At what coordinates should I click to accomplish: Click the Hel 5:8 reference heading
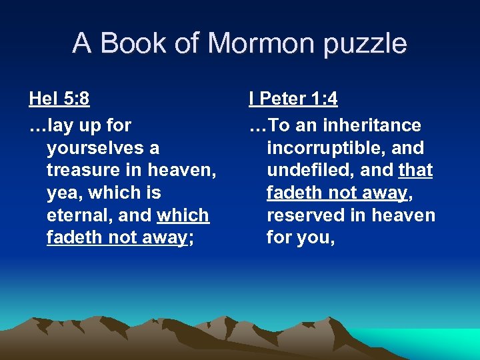pyautogui.click(x=59, y=99)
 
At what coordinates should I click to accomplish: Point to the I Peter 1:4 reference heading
pyautogui.click(x=293, y=99)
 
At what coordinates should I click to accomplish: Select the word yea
pyautogui.click(x=62, y=193)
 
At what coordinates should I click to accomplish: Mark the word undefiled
pyautogui.click(x=311, y=170)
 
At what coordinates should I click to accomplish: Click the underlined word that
pyautogui.click(x=415, y=170)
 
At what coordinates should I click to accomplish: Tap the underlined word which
pyautogui.click(x=183, y=215)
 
